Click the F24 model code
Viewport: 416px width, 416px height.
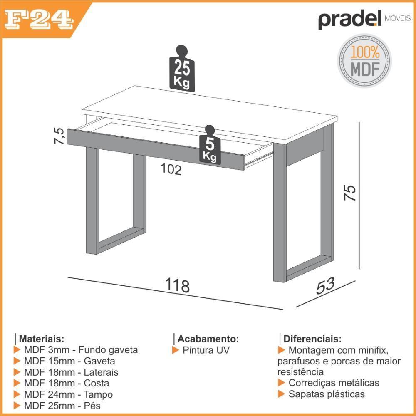pyautogui.click(x=39, y=20)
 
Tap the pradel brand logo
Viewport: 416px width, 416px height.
pyautogui.click(x=350, y=20)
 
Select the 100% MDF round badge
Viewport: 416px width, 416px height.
pyautogui.click(x=364, y=61)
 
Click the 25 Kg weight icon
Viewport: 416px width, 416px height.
pyautogui.click(x=182, y=69)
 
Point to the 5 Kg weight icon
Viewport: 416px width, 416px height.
pyautogui.click(x=210, y=145)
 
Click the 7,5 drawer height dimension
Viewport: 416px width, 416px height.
pyautogui.click(x=59, y=136)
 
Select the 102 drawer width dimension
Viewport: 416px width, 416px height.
pyautogui.click(x=171, y=169)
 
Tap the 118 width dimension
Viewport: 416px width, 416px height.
pyautogui.click(x=177, y=285)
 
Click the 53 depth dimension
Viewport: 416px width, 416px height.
pyautogui.click(x=325, y=286)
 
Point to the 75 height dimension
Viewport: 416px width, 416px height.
pyautogui.click(x=350, y=193)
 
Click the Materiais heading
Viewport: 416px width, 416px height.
pyautogui.click(x=42, y=339)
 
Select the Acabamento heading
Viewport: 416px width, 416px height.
pyautogui.click(x=208, y=339)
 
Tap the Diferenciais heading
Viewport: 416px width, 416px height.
pyautogui.click(x=312, y=339)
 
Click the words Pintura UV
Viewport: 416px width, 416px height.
pyautogui.click(x=206, y=350)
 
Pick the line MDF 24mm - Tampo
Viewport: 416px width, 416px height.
pyautogui.click(x=69, y=394)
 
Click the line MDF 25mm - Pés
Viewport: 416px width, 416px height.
pyautogui.click(x=62, y=406)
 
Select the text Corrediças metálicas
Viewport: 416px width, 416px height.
pyautogui.click(x=334, y=383)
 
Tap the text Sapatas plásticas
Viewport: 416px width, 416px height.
pyautogui.click(x=327, y=394)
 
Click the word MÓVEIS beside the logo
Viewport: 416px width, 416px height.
pyautogui.click(x=397, y=19)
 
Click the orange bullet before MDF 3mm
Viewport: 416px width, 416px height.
pyautogui.click(x=17, y=350)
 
